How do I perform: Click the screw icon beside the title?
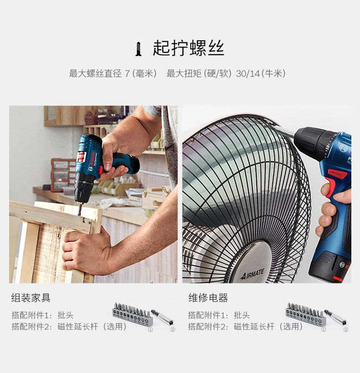(x=139, y=48)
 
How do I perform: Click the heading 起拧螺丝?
(x=188, y=48)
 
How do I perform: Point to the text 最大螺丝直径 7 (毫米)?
(x=113, y=73)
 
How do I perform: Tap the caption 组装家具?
(x=31, y=298)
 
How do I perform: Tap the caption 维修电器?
(x=208, y=298)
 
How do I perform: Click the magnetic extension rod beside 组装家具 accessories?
(x=162, y=317)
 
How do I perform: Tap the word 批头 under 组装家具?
(x=65, y=315)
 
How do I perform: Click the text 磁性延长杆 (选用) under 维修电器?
(x=268, y=326)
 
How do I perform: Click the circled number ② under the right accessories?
(x=346, y=329)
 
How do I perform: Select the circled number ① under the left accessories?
(x=150, y=329)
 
